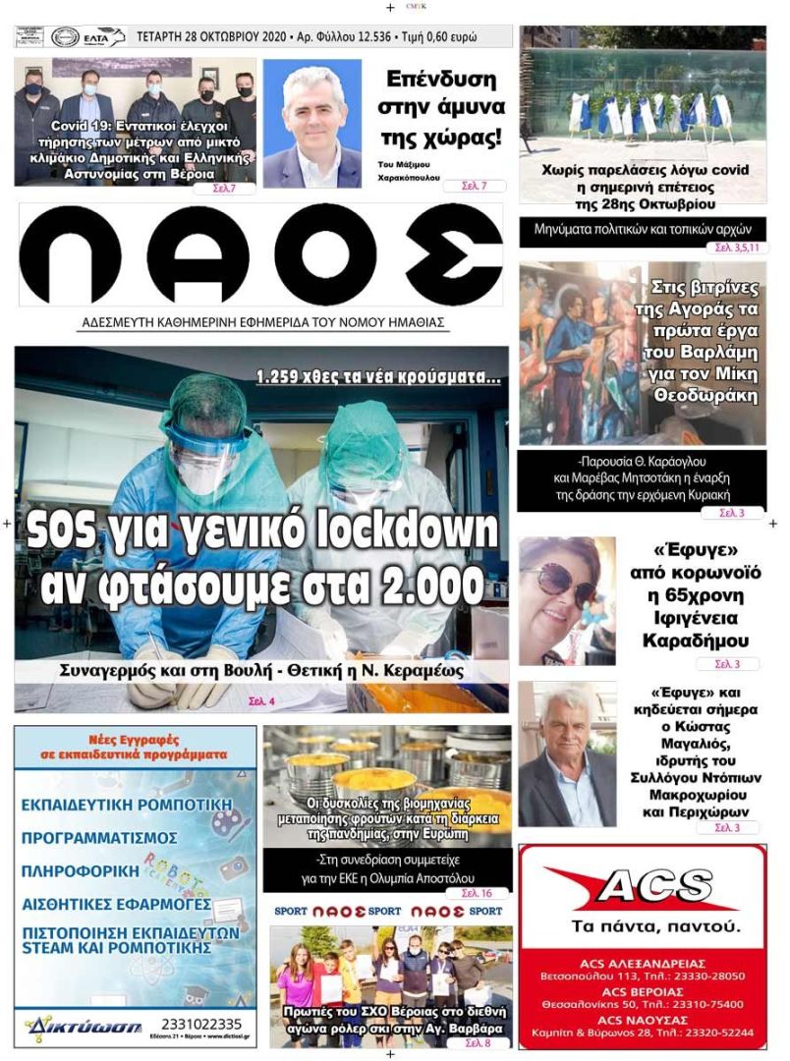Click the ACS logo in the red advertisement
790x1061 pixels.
coord(642,889)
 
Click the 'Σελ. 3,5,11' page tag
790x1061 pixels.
coord(732,248)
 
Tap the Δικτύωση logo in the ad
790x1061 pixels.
coord(69,1027)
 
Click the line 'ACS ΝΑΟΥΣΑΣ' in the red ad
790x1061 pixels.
coord(642,1019)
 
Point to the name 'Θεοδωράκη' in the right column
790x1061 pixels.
coord(706,396)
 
